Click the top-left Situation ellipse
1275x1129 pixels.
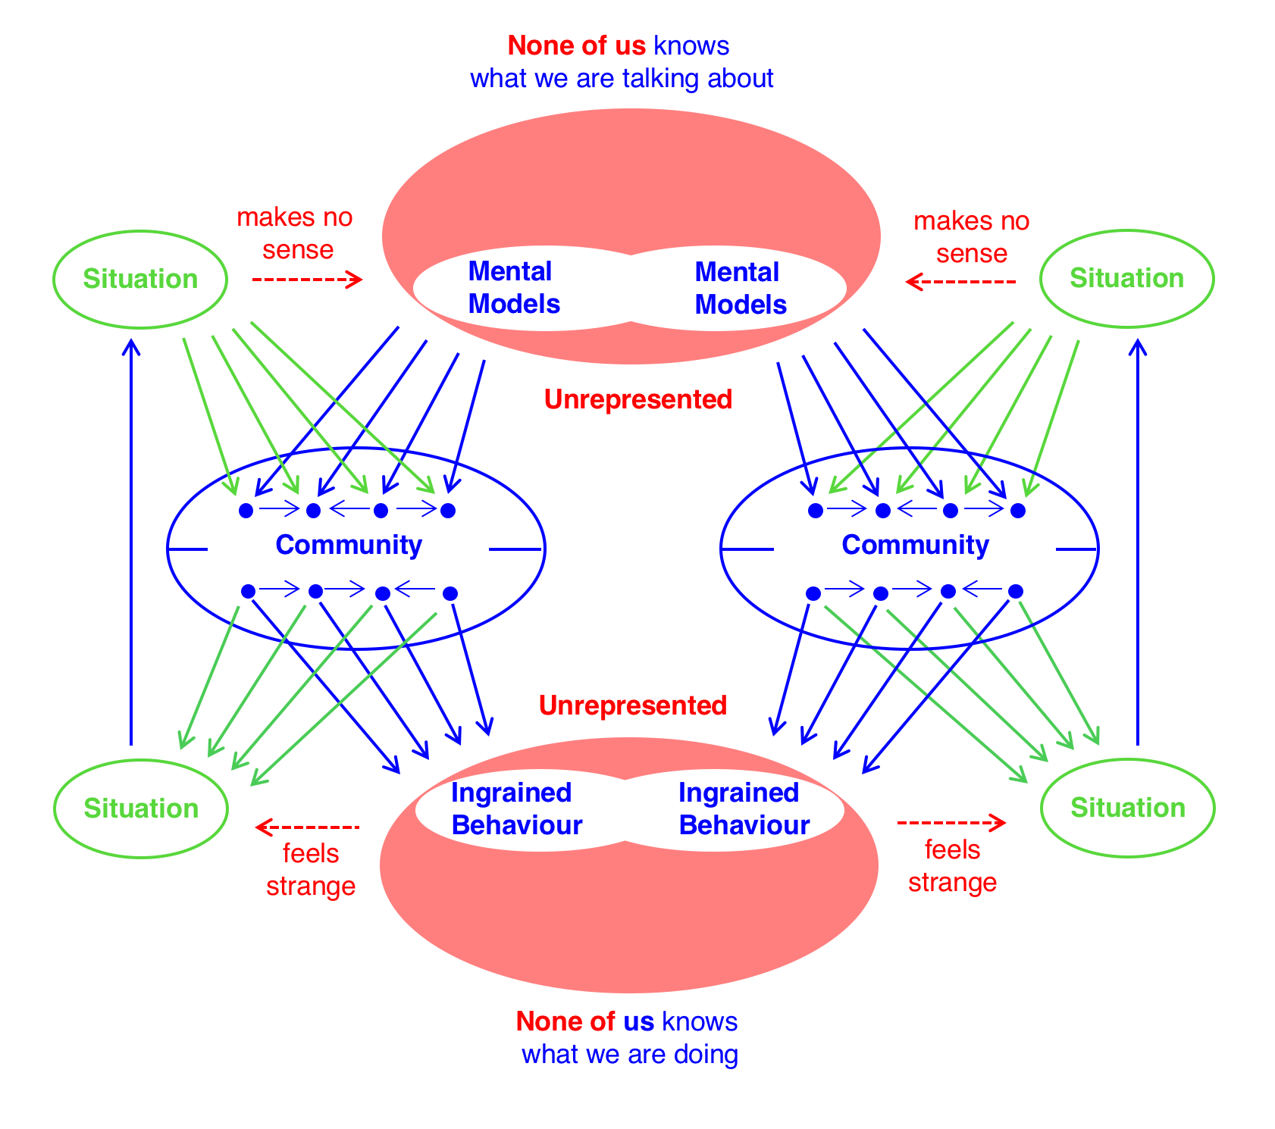[x=140, y=279]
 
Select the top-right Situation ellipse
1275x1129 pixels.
[x=1126, y=278]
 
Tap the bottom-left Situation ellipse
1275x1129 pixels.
[x=141, y=808]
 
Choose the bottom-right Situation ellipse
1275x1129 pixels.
[x=1127, y=808]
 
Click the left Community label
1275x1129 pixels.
[x=349, y=545]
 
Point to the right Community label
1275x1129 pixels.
[x=915, y=545]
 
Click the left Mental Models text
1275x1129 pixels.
[x=513, y=287]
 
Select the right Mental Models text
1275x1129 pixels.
[x=740, y=288]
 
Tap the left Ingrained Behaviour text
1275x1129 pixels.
[x=516, y=808]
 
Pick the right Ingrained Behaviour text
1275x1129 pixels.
[x=744, y=808]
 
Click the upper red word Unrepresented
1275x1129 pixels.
[x=638, y=399]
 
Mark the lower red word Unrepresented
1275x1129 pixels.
[x=633, y=705]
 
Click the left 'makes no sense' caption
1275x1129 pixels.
[x=295, y=233]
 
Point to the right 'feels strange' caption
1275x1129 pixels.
[x=952, y=866]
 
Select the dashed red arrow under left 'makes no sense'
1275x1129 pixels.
[x=307, y=280]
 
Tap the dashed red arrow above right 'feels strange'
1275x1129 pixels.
[x=951, y=822]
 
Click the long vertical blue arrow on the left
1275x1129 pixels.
[x=132, y=542]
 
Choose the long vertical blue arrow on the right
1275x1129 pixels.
[x=1137, y=542]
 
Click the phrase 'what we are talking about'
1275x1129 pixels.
[x=622, y=79]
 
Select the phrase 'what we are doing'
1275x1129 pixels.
[x=629, y=1054]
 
